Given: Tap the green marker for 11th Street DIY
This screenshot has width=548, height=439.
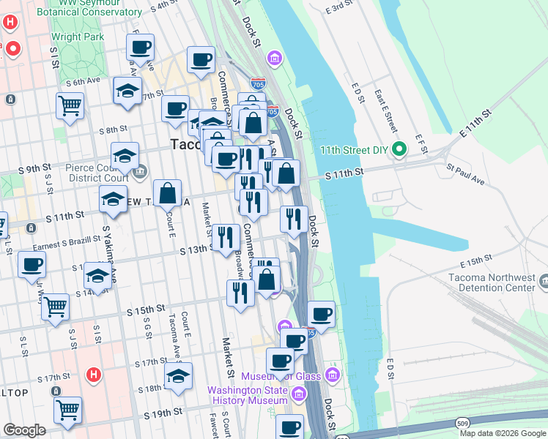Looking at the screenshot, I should [x=399, y=150].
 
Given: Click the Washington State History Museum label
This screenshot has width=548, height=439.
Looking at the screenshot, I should [x=247, y=395].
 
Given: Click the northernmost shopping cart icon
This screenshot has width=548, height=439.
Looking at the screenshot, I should [x=70, y=105].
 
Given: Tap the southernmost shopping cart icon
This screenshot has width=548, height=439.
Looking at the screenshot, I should [x=67, y=410].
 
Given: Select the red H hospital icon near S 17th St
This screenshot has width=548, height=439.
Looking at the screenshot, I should [x=93, y=375].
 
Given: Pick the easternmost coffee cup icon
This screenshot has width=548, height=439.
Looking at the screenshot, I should [x=321, y=314].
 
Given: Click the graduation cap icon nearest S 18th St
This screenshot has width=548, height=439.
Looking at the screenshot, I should [x=178, y=375].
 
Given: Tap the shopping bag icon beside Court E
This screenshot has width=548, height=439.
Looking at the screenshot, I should [x=168, y=194].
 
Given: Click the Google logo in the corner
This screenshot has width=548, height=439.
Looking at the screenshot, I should [x=24, y=430].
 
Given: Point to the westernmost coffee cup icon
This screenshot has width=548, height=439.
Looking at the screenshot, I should [x=32, y=265].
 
